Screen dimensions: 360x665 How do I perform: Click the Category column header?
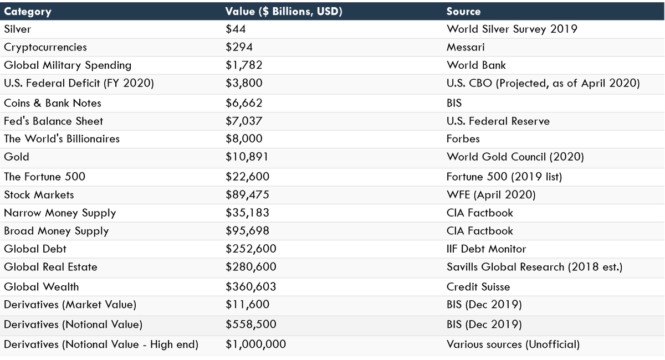coord(28,12)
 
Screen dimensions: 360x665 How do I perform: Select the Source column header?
coord(464,12)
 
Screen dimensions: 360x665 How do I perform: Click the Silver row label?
coord(18,29)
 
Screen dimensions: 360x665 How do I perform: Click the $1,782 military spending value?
coord(244,65)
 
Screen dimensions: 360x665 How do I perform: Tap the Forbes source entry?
coord(463,138)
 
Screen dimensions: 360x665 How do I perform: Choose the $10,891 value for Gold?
coord(247,157)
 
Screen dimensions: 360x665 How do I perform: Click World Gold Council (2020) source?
coord(515,157)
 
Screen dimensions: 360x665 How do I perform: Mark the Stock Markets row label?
coord(39,194)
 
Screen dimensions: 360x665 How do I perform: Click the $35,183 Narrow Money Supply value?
coord(247,213)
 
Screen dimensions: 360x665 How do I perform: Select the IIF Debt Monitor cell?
coord(487,249)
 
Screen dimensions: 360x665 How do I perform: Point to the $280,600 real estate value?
coord(250,267)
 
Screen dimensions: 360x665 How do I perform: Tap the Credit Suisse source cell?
coord(478,287)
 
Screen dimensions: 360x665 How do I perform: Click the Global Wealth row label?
coord(42,287)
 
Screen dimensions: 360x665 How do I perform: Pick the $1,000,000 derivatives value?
coord(255,344)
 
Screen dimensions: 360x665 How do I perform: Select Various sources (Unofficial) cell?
coord(513,344)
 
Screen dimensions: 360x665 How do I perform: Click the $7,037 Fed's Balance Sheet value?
coord(244,121)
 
